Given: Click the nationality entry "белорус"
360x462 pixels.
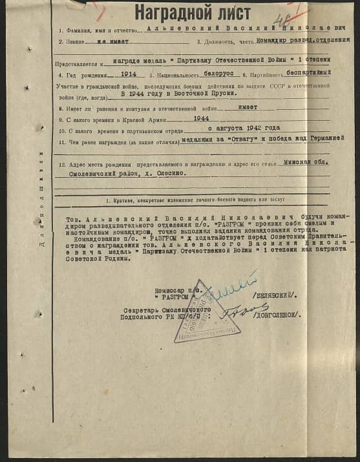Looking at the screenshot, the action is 216,74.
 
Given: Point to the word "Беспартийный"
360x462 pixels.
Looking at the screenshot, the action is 312,73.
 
